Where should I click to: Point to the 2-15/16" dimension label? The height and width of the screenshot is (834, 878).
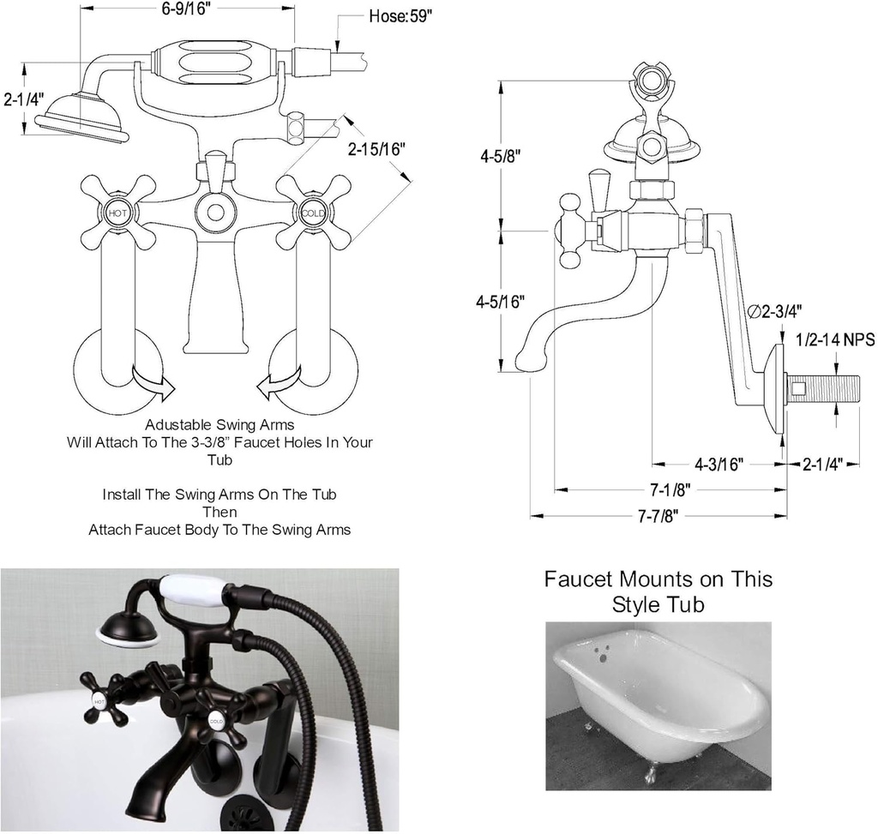click(376, 147)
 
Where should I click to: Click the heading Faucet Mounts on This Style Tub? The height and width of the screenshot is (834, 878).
click(658, 591)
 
